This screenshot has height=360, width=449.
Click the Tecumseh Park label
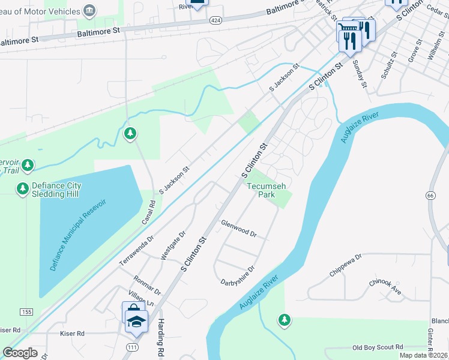[x=261, y=190]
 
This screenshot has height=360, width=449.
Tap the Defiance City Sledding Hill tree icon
[x=23, y=189]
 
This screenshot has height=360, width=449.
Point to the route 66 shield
[x=430, y=196]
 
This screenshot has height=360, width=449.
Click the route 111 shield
[x=131, y=347]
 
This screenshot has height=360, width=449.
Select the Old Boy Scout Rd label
[x=378, y=347]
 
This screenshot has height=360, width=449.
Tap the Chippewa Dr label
[x=346, y=265]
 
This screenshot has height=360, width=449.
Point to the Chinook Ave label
[x=385, y=287]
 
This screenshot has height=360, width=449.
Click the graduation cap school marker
[x=137, y=322]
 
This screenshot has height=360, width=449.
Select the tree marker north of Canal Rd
[x=130, y=133]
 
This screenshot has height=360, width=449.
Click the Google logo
[x=20, y=353]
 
